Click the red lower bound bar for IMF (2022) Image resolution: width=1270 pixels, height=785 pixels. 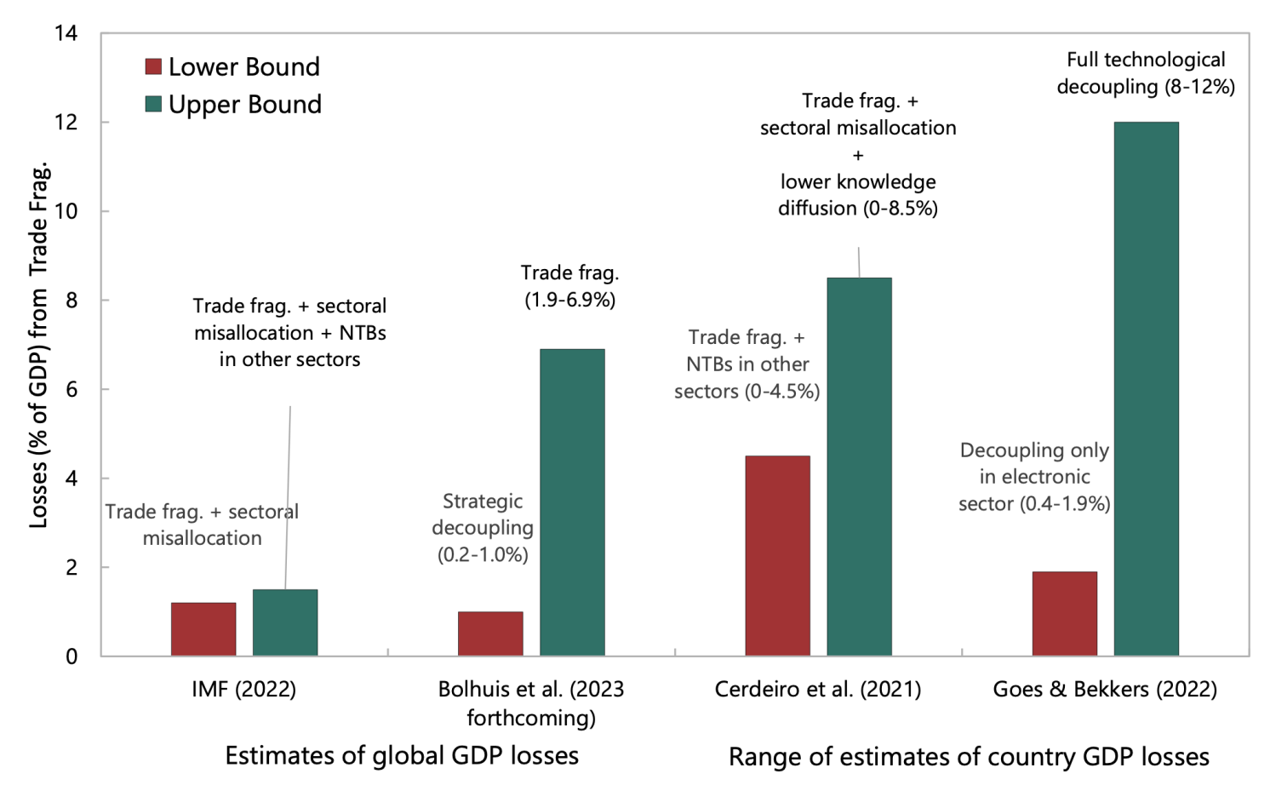203,629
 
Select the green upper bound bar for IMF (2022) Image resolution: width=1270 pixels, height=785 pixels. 285,622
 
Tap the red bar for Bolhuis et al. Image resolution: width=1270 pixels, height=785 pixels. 490,633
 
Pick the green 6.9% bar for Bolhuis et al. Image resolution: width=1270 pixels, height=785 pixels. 572,502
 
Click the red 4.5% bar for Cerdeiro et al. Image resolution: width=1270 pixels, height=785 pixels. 777,556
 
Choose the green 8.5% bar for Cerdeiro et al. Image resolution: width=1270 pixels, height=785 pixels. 859,467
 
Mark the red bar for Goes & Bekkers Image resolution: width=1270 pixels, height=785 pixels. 1064,614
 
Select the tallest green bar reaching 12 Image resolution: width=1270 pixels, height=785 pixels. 1146,389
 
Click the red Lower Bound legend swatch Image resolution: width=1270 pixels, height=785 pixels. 154,66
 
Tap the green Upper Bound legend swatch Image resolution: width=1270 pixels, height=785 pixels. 154,104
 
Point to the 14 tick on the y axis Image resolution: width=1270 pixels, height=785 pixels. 66,33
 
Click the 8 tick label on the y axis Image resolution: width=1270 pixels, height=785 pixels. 72,301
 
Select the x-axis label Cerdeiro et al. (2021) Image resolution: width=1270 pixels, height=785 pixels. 818,689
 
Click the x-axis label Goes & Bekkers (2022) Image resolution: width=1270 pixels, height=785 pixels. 1105,689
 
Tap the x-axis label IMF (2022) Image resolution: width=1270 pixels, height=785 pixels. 244,689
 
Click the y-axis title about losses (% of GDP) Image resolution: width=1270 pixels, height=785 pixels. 39,345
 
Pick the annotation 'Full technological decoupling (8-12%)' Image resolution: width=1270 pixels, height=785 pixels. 1146,73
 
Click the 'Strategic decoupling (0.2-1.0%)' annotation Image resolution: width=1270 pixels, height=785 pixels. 483,528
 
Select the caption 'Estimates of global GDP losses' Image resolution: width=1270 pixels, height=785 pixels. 402,755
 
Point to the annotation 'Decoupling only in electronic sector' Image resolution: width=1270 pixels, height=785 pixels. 1034,477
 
